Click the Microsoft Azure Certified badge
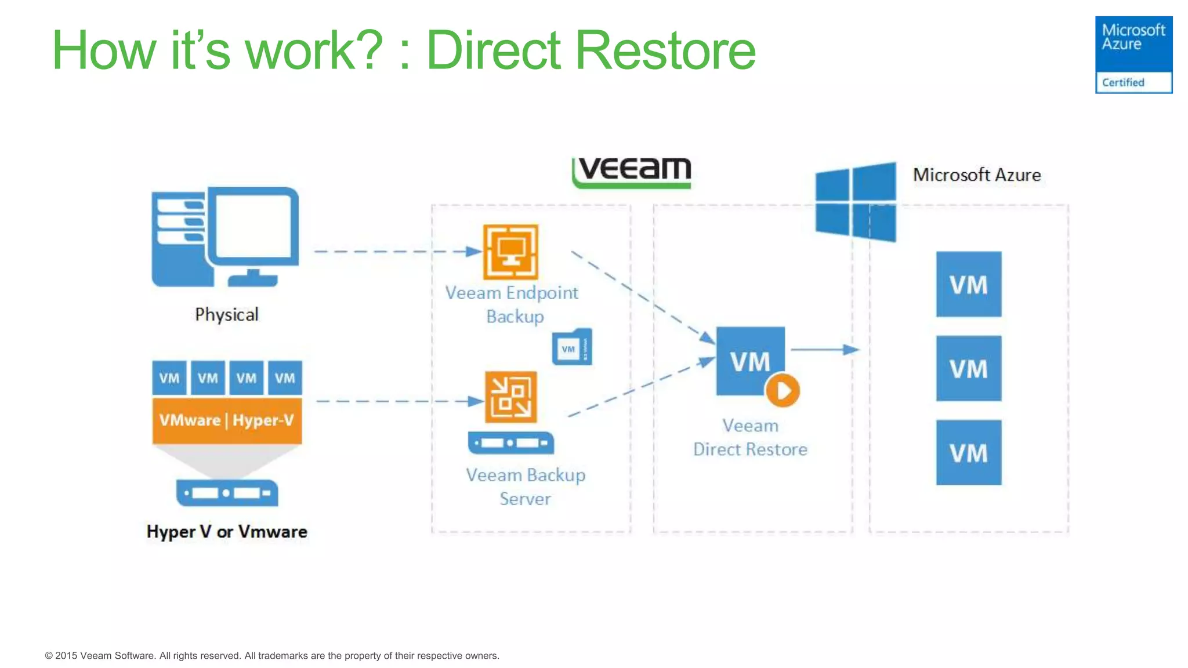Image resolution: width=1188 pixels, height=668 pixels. click(x=1133, y=55)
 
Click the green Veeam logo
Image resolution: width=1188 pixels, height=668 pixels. click(x=632, y=172)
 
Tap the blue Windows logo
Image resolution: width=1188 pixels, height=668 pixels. click(x=855, y=201)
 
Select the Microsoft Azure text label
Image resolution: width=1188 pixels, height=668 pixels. click(x=976, y=175)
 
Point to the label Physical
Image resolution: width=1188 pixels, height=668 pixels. click(x=226, y=315)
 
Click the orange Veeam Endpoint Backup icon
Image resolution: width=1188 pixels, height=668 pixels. click(x=510, y=252)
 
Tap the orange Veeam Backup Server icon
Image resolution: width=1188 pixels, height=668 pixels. click(x=510, y=397)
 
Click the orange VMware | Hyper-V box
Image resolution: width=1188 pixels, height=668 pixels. click(x=227, y=420)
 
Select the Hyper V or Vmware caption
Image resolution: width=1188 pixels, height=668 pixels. click(x=227, y=532)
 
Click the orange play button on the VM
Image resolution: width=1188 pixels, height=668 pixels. click(x=783, y=390)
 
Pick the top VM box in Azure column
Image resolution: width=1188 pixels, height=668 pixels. click(x=968, y=284)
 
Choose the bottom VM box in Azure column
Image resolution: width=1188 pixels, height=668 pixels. click(x=968, y=452)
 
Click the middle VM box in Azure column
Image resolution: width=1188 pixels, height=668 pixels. click(x=968, y=368)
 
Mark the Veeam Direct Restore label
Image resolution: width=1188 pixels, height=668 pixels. click(x=750, y=438)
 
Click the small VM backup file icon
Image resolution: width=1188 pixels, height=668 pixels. click(x=572, y=347)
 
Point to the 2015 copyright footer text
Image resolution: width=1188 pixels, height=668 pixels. click(x=272, y=656)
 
